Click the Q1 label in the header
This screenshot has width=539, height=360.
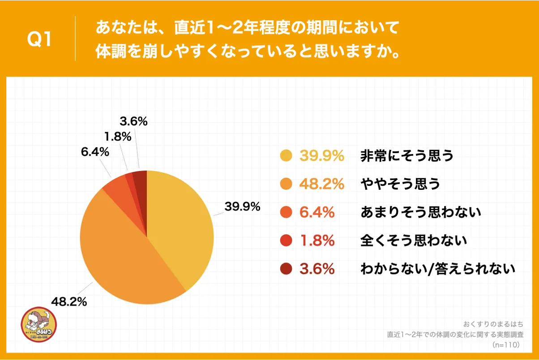tap(40, 39)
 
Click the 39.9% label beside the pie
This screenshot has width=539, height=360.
tap(242, 207)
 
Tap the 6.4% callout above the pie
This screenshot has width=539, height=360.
tap(95, 152)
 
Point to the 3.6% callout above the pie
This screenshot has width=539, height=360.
tap(134, 121)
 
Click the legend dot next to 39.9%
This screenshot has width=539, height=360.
tap(286, 156)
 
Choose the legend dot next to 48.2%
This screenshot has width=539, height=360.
tap(286, 184)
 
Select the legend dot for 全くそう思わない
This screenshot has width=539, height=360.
tap(286, 241)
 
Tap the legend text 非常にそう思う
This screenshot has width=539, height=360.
tap(407, 156)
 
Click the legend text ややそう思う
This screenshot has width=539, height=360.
tap(400, 184)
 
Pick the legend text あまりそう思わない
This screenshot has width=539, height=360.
tap(420, 212)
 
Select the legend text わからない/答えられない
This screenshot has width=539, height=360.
tap(438, 269)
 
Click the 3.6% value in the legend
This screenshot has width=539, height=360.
tap(317, 269)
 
